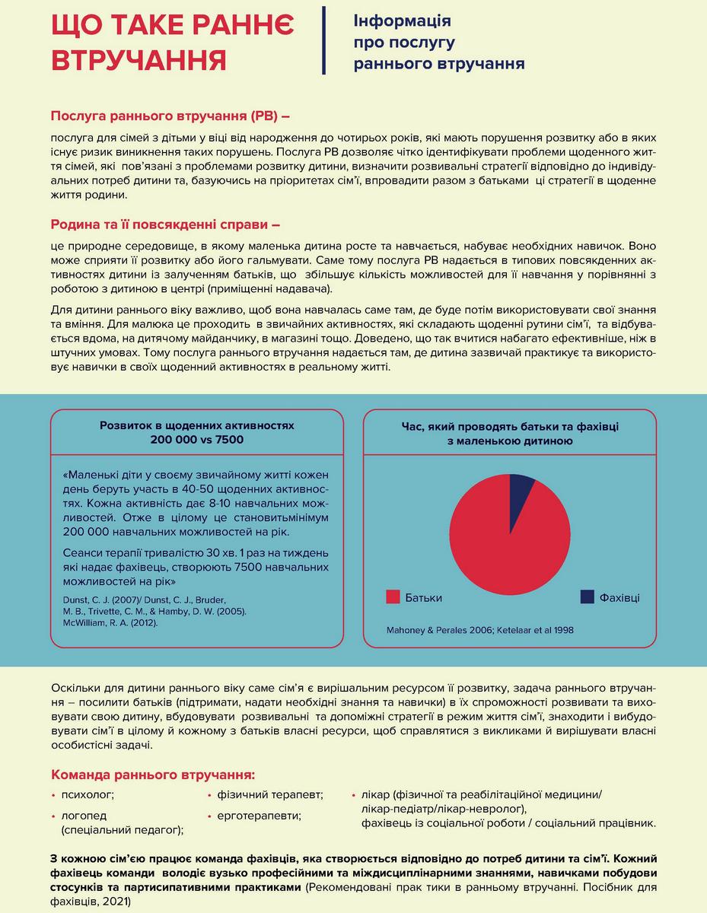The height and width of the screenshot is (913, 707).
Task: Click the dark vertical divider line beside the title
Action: (325, 40)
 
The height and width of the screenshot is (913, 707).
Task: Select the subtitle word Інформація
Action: (402, 21)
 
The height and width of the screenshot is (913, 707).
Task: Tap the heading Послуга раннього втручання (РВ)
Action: (170, 116)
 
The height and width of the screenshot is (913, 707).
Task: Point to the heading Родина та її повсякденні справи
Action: (165, 225)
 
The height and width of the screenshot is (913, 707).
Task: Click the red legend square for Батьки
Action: (393, 597)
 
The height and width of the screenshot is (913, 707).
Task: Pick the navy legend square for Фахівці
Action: (587, 597)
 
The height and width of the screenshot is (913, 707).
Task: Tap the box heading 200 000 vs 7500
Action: (197, 440)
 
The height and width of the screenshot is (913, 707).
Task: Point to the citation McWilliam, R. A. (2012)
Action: (111, 622)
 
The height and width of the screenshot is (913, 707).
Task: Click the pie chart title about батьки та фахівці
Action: (510, 434)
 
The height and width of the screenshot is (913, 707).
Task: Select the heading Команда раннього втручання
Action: (152, 775)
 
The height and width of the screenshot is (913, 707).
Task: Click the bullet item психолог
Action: (88, 794)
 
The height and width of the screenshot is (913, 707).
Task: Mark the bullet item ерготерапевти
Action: (259, 815)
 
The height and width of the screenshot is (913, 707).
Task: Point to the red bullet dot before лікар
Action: (354, 794)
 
